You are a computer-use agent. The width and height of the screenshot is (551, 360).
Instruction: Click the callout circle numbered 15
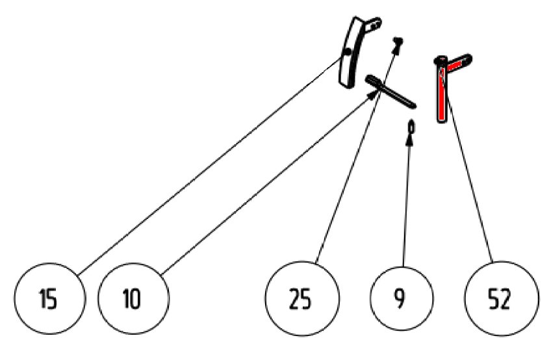click(x=50, y=298)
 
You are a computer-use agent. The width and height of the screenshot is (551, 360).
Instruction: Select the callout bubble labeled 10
click(x=134, y=298)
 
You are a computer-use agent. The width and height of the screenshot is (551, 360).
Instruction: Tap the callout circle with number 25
click(x=302, y=298)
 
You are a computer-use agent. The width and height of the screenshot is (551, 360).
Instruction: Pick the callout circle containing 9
click(x=402, y=298)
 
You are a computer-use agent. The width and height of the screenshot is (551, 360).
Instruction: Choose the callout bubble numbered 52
click(x=502, y=298)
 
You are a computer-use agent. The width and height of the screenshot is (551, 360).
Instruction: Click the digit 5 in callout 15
click(x=52, y=299)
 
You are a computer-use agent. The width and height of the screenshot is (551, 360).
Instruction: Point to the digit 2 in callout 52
click(x=505, y=299)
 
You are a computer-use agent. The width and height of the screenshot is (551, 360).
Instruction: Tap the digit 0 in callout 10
click(x=135, y=299)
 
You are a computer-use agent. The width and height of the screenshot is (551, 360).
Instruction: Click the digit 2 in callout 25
click(x=295, y=299)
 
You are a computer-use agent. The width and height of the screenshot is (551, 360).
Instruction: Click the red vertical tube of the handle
click(x=441, y=93)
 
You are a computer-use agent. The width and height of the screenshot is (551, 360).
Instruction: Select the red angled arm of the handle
click(x=457, y=62)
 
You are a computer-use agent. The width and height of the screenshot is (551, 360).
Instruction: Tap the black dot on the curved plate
click(x=348, y=52)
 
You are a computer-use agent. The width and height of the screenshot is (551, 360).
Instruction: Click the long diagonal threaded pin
click(x=391, y=91)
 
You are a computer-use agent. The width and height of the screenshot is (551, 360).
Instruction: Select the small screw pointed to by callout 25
click(x=398, y=43)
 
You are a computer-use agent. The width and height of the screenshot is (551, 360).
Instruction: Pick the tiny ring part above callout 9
click(x=411, y=127)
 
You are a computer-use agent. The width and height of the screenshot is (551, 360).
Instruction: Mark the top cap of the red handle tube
click(x=441, y=60)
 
